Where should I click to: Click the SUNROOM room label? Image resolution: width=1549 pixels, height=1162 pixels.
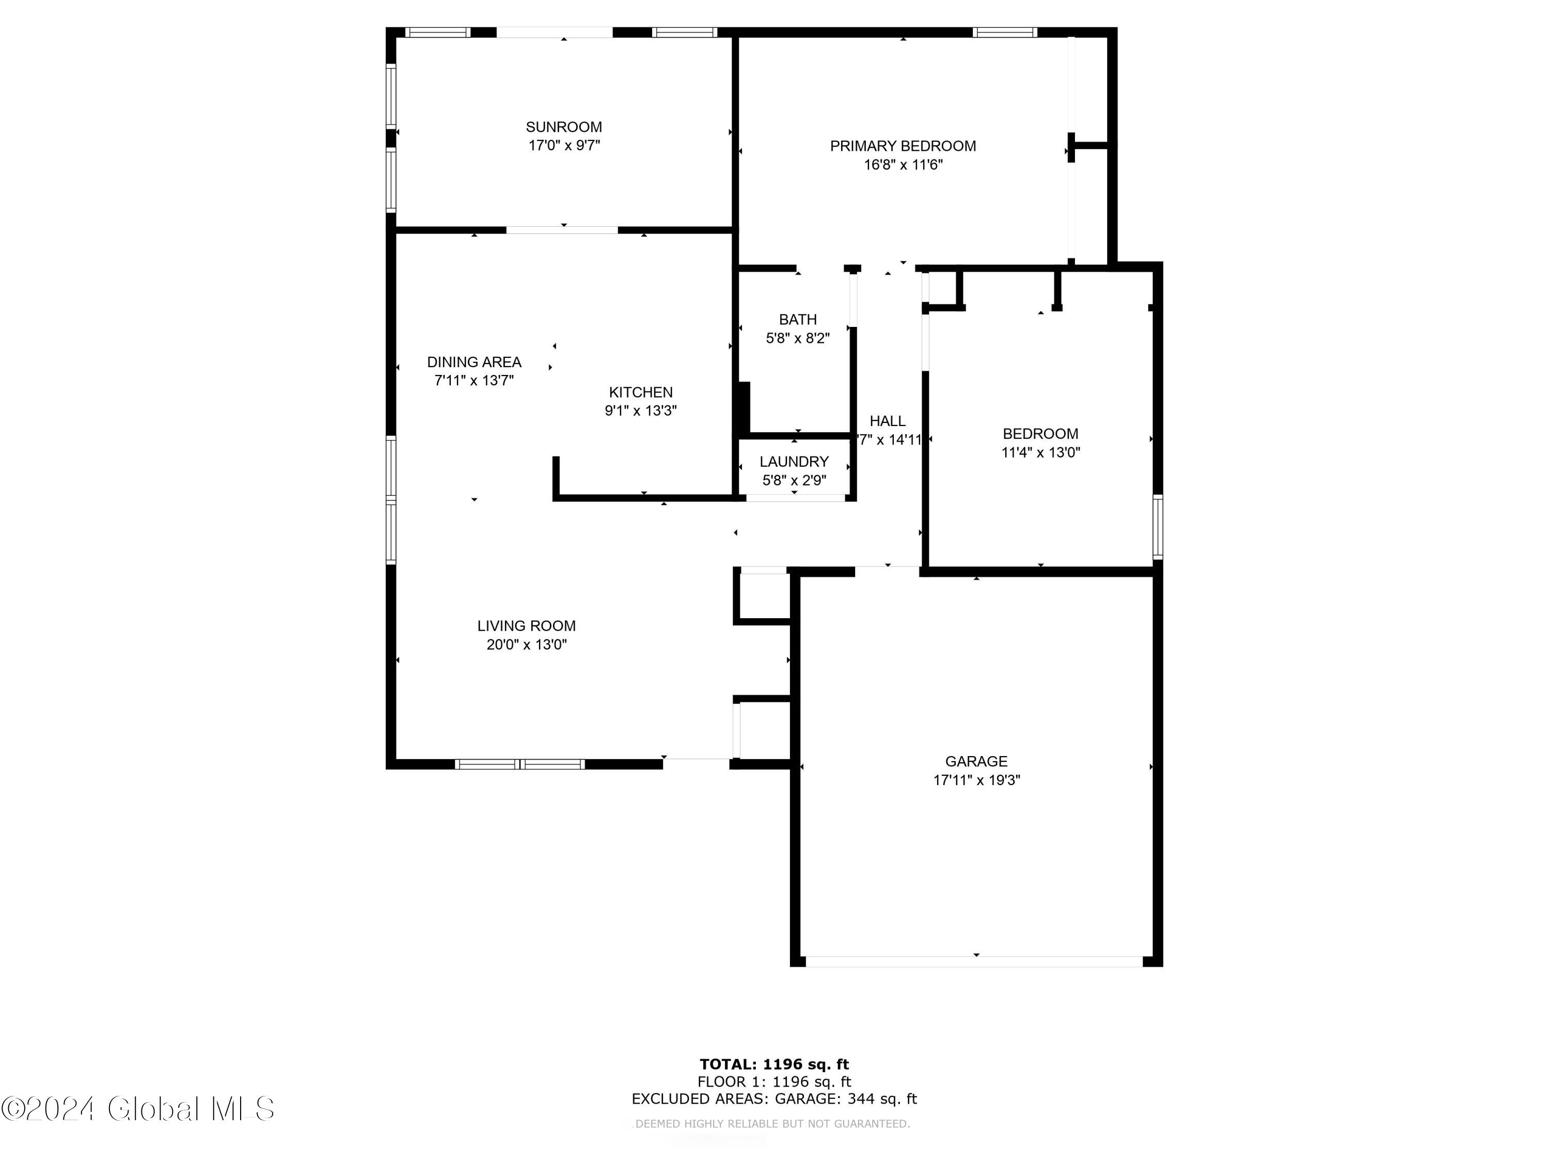tap(564, 127)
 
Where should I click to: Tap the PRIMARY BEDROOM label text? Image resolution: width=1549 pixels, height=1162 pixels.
tap(903, 146)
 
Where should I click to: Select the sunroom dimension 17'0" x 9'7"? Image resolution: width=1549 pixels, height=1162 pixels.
tap(564, 146)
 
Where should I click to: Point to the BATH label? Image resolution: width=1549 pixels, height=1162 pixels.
tap(798, 319)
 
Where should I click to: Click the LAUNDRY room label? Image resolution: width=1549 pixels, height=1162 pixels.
tap(794, 462)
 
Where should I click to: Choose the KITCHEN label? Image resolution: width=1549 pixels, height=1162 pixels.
tap(641, 392)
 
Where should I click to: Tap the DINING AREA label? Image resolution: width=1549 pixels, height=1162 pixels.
tap(474, 362)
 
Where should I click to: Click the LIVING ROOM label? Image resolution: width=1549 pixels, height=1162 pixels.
tap(527, 626)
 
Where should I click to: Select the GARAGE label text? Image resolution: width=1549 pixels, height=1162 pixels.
tap(976, 761)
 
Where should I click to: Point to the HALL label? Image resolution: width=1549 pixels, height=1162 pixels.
tap(887, 421)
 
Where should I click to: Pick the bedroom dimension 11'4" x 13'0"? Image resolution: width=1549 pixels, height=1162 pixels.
tap(1040, 452)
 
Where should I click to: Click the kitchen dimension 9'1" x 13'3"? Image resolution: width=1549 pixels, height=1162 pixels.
tap(641, 411)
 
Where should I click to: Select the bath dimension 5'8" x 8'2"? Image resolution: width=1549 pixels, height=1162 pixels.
tap(798, 338)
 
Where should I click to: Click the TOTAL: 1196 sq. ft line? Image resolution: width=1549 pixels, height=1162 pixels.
tap(774, 1064)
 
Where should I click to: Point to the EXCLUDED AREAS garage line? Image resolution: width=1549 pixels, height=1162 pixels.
tap(774, 1099)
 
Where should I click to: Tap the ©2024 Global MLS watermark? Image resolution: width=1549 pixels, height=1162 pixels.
tap(138, 1109)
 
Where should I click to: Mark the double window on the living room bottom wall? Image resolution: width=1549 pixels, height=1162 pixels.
tap(519, 764)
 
